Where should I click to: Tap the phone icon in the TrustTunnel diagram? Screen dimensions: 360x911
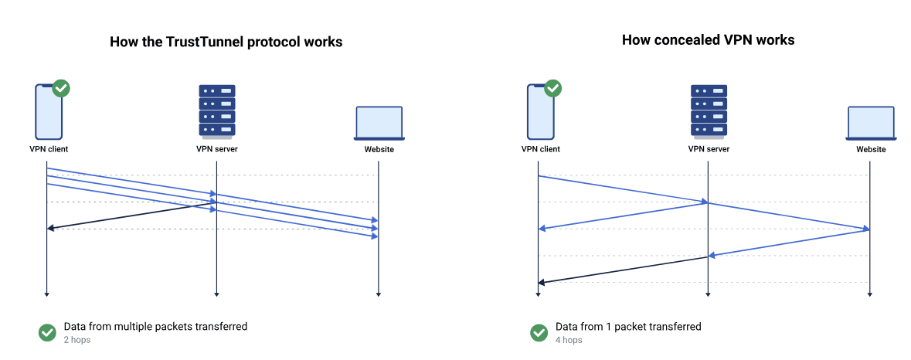click(47, 111)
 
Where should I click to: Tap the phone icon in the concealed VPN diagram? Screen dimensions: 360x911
click(540, 111)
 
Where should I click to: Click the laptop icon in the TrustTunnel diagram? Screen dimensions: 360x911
click(379, 124)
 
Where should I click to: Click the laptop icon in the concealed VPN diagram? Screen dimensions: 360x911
click(871, 124)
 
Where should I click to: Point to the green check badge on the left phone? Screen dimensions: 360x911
click(61, 88)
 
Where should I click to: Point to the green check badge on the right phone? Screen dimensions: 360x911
click(553, 88)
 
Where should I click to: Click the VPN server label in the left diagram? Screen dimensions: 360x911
click(216, 149)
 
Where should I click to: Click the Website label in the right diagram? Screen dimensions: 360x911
click(871, 149)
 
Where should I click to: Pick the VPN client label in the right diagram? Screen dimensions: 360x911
click(540, 149)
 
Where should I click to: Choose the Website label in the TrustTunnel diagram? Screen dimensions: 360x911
click(379, 149)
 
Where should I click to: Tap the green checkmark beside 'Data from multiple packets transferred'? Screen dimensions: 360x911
click(47, 332)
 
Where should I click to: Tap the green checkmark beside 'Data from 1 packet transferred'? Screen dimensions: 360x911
click(539, 332)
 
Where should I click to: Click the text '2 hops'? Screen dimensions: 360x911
click(77, 340)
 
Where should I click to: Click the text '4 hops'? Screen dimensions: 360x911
click(569, 340)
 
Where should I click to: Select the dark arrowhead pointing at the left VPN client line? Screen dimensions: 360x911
click(50, 228)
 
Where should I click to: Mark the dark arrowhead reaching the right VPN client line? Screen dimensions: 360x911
click(542, 283)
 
